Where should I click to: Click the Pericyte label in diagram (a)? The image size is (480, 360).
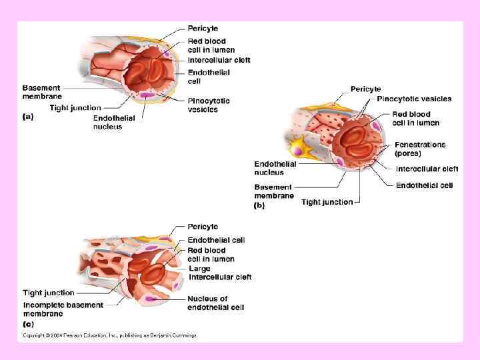point(203,29)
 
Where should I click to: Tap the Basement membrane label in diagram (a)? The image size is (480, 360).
point(41,91)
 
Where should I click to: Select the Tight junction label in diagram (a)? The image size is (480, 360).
point(75,107)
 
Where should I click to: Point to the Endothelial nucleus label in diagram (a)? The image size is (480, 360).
point(113,122)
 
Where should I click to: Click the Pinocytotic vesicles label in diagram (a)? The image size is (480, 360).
point(209,105)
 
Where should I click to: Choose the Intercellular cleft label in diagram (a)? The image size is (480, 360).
point(219,60)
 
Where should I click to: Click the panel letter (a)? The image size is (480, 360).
point(28,116)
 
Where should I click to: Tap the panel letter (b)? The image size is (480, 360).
point(259,206)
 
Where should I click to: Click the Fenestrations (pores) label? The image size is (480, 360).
point(419,148)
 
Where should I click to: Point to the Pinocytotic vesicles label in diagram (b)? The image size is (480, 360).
point(413,99)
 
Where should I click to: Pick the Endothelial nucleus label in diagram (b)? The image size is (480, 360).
point(275,168)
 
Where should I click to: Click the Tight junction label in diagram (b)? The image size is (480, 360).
point(327,202)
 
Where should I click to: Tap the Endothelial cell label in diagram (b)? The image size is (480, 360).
point(424,185)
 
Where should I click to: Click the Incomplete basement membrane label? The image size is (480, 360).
point(63,309)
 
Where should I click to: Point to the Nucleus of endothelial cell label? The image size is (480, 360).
point(215,303)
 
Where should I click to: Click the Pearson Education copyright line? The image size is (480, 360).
point(110,335)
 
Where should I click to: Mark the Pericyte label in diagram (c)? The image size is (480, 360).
point(203,227)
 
